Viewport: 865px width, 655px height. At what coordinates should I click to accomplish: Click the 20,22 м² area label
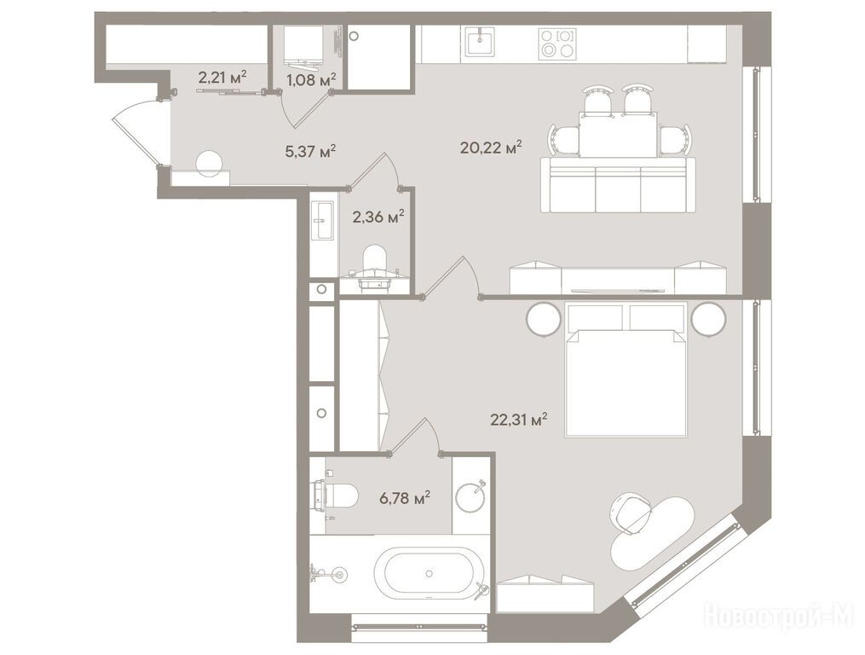tap(491, 148)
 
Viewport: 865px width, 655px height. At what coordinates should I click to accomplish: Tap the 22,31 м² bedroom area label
tap(518, 420)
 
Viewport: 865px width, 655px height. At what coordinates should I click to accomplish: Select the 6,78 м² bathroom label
tap(405, 498)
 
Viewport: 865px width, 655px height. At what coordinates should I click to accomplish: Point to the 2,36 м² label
tap(378, 216)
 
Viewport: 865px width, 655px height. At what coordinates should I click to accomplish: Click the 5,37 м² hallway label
tap(310, 151)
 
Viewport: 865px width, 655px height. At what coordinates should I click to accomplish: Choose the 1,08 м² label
tap(311, 81)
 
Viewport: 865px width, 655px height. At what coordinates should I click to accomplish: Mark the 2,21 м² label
tap(222, 77)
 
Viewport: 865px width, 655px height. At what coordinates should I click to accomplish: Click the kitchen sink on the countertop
tap(480, 42)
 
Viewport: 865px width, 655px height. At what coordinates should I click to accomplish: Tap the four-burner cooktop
tap(557, 43)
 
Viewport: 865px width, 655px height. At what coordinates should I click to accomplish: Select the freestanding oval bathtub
tap(430, 574)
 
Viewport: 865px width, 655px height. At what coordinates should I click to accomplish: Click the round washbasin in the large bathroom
tap(470, 496)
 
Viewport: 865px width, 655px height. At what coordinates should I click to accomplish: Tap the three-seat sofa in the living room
tap(618, 184)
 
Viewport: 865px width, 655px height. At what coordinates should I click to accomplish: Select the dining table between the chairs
tap(618, 135)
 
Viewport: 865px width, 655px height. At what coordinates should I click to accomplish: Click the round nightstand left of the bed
tap(544, 319)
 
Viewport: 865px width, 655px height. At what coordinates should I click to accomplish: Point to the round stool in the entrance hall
tap(210, 164)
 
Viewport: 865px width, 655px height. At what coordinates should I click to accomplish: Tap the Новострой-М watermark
tap(779, 616)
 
